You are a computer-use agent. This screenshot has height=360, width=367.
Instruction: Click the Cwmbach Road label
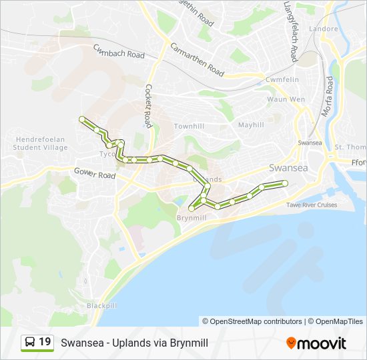[x=119, y=51]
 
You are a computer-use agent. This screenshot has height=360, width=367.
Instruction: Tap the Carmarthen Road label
[x=197, y=59]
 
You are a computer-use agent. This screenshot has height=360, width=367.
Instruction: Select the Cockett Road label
[x=148, y=105]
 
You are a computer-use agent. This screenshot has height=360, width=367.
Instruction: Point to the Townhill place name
[x=189, y=126]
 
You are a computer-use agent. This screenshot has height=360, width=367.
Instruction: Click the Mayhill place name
[x=251, y=125]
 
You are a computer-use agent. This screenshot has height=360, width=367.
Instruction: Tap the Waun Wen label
[x=286, y=99]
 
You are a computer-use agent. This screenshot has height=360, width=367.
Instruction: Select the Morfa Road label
[x=328, y=97]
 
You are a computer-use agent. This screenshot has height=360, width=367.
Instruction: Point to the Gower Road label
[x=95, y=175]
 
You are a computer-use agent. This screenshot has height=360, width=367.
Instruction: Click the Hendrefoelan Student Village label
[x=39, y=143]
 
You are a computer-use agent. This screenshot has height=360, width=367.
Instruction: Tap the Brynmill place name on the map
[x=192, y=218]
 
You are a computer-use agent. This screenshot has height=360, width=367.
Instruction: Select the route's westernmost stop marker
[x=82, y=119]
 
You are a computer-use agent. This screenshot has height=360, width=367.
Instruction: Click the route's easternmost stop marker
[x=285, y=183]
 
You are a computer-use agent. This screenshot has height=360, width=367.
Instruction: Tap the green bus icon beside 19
[x=30, y=343]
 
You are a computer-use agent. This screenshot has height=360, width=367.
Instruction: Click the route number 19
[x=45, y=342]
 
